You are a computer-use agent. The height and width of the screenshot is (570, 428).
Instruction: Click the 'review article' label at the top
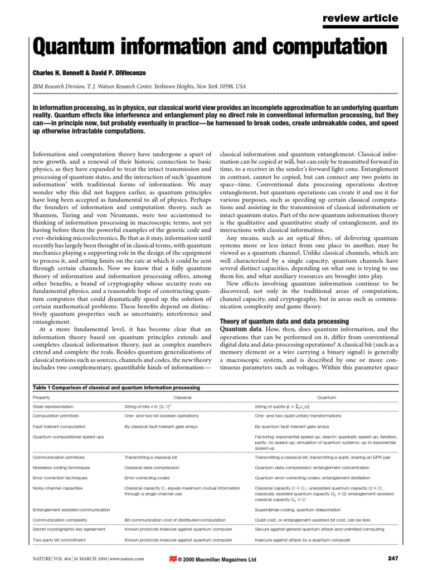[x=361, y=18]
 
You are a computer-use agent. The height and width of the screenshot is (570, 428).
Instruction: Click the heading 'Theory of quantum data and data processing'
[x=285, y=322]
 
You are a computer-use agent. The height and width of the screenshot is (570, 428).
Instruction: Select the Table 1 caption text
[x=116, y=387]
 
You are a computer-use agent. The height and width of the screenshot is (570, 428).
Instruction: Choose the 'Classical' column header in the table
[x=182, y=398]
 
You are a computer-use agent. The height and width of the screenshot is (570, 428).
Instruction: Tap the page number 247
[x=392, y=558]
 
